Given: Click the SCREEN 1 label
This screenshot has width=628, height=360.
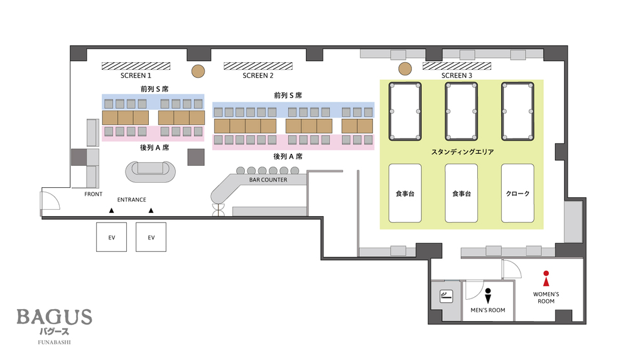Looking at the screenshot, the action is tap(136, 75).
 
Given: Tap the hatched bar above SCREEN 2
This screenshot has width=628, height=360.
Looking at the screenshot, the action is tap(258, 66).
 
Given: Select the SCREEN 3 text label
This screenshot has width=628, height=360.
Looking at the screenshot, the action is tap(457, 75).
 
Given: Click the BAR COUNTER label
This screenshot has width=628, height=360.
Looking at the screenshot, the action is tap(268, 180).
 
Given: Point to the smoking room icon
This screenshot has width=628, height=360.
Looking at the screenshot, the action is tap(446, 297).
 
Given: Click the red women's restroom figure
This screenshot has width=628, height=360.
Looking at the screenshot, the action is tap(546, 278).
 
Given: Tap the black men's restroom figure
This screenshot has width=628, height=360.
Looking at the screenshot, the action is tap(488, 296).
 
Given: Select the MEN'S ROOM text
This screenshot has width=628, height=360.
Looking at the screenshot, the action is tap(488, 310).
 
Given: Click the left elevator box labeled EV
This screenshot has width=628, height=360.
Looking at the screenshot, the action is tap(111, 237).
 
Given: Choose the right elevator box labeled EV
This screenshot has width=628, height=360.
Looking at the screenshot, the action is tap(151, 237).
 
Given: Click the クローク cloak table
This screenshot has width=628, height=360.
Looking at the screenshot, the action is tap(517, 194).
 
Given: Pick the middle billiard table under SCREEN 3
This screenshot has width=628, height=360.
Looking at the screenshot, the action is tap(462, 111).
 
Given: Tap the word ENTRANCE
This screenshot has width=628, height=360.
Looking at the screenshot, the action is tap(131, 200).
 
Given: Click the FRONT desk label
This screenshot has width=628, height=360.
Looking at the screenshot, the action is tap(94, 194).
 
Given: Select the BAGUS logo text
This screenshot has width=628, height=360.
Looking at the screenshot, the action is tap(55, 317).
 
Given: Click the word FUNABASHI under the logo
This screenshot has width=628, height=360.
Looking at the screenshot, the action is tap(55, 342).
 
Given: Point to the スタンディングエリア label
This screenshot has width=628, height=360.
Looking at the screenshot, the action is tap(462, 152).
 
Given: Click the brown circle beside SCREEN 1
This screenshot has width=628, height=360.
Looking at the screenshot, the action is tap(198, 72).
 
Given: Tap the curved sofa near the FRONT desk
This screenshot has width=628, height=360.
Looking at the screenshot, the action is tap(151, 172).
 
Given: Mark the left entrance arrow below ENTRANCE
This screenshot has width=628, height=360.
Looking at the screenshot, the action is tap(111, 210).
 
